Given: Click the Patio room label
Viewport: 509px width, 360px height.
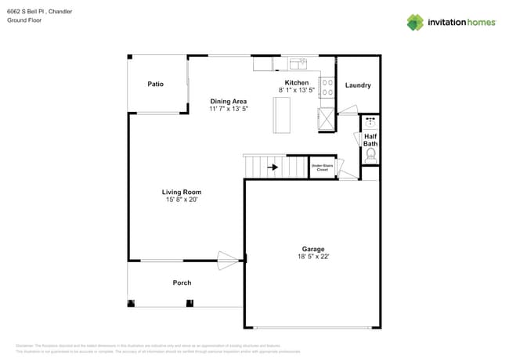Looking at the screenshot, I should pos(155,84).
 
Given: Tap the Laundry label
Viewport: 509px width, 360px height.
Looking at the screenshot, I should pos(358,85).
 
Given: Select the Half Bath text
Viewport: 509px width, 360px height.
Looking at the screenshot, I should pos(370,140).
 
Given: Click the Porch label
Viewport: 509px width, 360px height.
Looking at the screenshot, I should pos(182,283).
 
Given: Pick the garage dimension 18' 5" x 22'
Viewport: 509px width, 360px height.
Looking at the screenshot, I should pos(312,257).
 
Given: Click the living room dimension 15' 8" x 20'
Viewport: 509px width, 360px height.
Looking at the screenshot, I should pos(182,200).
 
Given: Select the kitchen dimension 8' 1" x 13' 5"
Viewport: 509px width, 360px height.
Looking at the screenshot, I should pos(297,90).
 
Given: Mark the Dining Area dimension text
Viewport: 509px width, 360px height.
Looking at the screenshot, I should pos(229,109).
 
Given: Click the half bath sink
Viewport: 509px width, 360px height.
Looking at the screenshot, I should pos(370,121).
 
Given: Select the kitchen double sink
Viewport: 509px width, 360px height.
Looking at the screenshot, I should pos(298,63).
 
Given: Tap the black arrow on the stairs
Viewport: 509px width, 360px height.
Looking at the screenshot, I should pos(273,167).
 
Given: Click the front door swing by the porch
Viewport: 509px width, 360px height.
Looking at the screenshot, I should pos(229,260).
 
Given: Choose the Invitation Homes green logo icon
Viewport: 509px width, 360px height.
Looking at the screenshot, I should pos(415,22).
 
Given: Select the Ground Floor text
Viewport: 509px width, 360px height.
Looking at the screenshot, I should pos(23,20).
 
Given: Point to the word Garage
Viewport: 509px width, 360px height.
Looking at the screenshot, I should pos(313,249).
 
